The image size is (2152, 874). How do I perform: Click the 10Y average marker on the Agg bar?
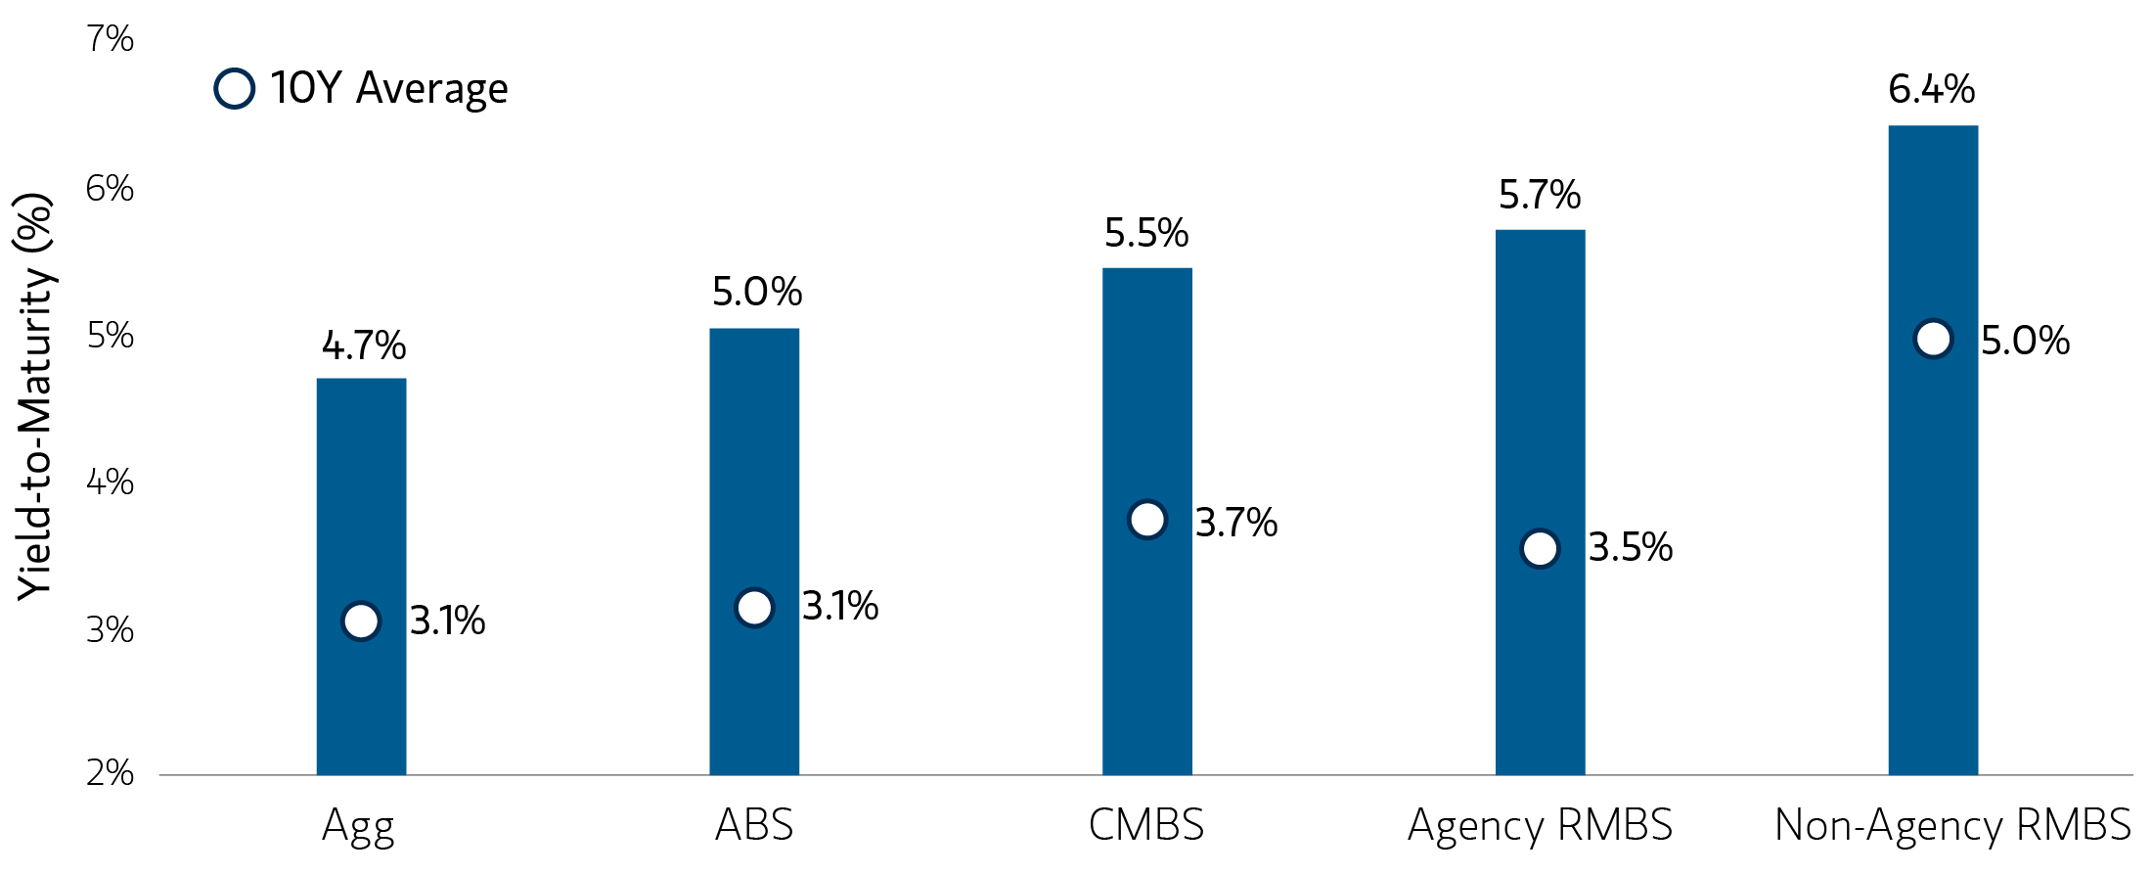[x=361, y=621]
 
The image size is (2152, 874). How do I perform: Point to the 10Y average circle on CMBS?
[x=1147, y=519]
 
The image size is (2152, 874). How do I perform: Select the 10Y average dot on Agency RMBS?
[x=1540, y=548]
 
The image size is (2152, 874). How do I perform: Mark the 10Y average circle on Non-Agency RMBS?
[x=1933, y=339]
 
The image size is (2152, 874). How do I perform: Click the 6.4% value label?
[x=1931, y=89]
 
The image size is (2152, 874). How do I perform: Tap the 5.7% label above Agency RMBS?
[x=1539, y=195]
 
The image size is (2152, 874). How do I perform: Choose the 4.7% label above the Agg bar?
[x=363, y=345]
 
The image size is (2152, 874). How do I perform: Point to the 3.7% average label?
[x=1236, y=522]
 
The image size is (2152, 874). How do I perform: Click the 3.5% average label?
[x=1630, y=547]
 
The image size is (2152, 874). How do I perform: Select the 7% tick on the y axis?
[x=110, y=39]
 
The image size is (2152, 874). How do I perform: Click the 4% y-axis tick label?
[x=110, y=482]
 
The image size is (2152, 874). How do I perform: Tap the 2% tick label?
[x=110, y=773]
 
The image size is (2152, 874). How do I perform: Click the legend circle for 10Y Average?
[x=235, y=88]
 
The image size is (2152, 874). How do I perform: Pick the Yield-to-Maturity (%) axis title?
[x=35, y=396]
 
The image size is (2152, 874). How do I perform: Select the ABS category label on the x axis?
[x=754, y=825]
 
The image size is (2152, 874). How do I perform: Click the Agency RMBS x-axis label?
[x=1540, y=825]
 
